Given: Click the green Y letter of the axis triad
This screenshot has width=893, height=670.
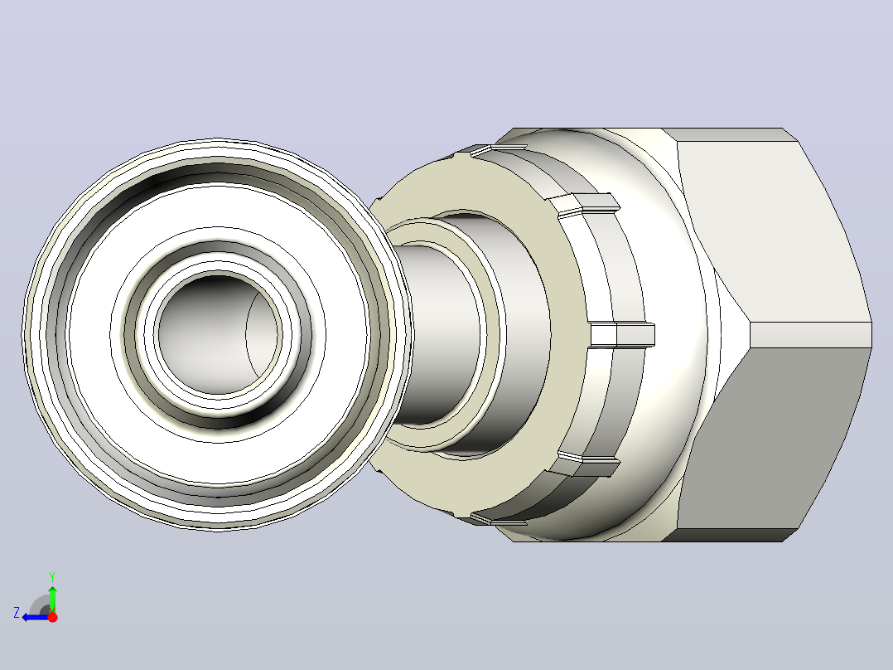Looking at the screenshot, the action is tap(52, 576).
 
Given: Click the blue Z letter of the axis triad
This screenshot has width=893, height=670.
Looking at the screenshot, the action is tap(17, 613).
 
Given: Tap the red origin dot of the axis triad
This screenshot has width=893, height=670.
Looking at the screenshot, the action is tap(52, 617).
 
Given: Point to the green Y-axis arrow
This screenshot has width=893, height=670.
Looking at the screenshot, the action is tap(52, 598).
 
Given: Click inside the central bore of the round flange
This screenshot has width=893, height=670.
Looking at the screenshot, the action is tap(220, 334).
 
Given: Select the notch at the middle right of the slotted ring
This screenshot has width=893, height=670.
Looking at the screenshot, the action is tap(622, 335).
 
